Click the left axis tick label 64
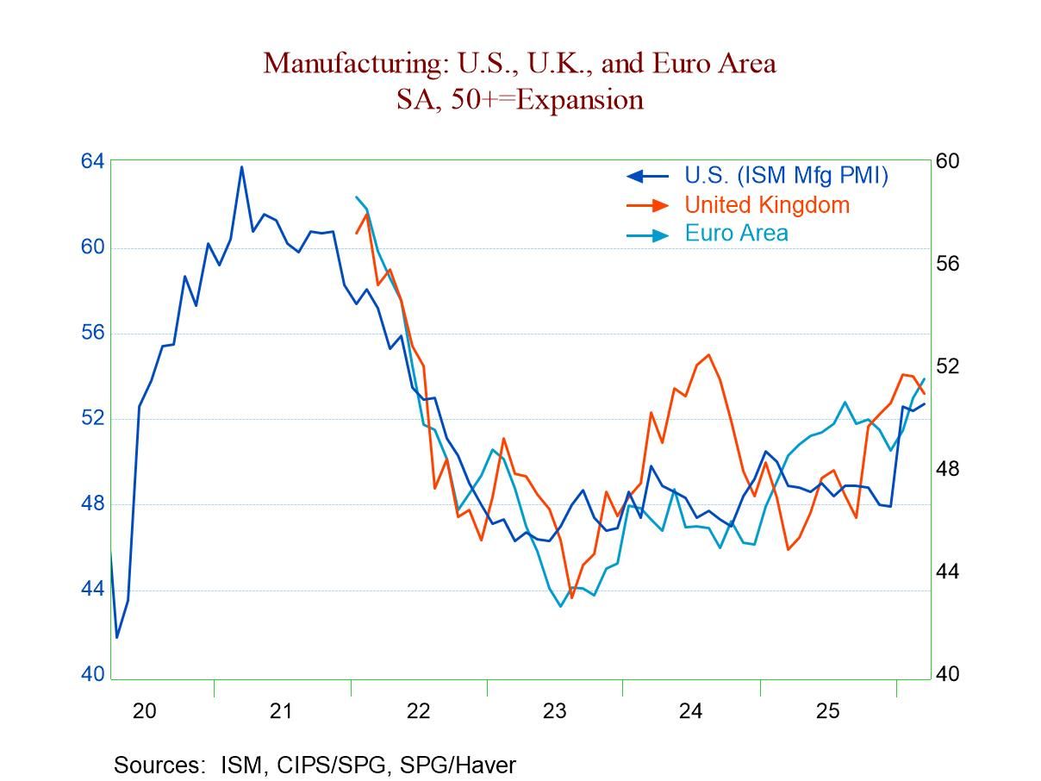click(x=93, y=162)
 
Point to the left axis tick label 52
click(x=93, y=418)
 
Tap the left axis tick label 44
click(x=93, y=589)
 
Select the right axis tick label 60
click(x=948, y=162)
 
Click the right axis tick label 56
click(x=948, y=264)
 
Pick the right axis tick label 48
click(x=948, y=470)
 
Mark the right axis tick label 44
click(x=948, y=572)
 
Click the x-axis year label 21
click(x=281, y=712)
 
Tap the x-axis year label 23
click(x=554, y=712)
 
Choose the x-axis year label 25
click(x=827, y=712)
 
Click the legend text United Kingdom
click(x=767, y=205)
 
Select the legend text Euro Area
click(x=736, y=234)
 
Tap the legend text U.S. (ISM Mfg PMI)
click(x=786, y=175)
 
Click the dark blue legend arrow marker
click(x=646, y=176)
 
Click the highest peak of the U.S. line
click(x=241, y=166)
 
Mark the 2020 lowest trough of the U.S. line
click(x=117, y=637)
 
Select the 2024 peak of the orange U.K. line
click(x=708, y=354)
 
